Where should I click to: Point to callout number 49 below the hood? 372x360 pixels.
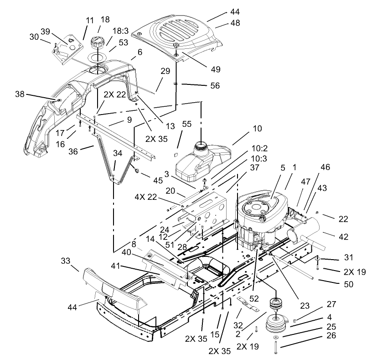point(216,69)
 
